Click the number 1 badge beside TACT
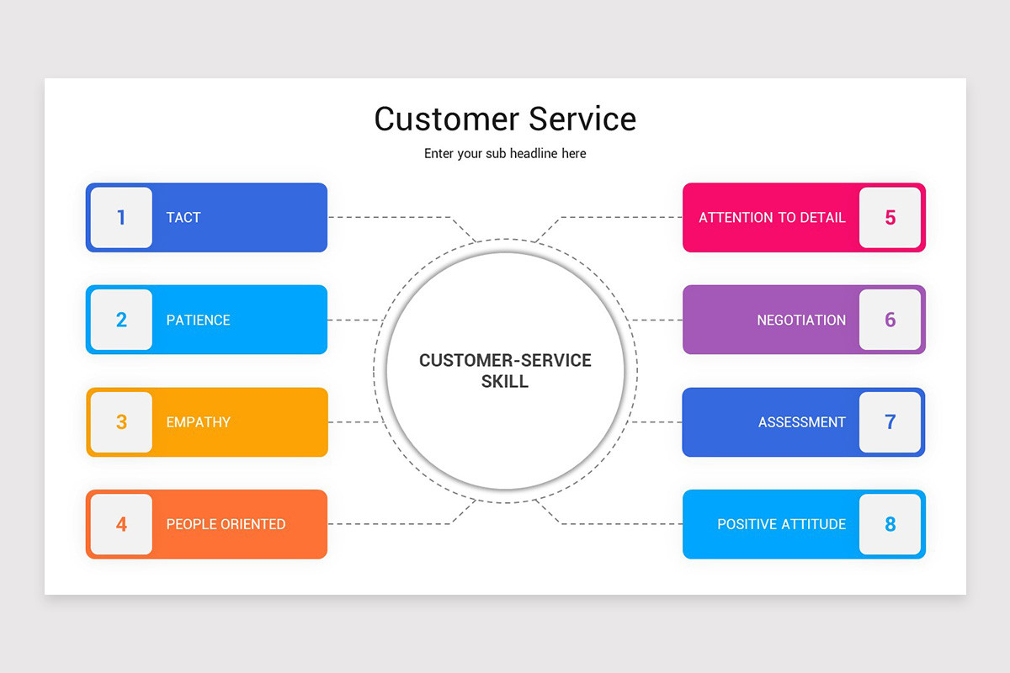click(x=121, y=218)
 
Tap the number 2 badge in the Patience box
click(x=121, y=320)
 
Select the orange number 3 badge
click(x=121, y=422)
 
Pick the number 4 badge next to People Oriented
click(x=121, y=524)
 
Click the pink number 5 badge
click(x=890, y=218)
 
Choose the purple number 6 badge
click(x=890, y=320)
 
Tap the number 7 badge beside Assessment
click(x=890, y=422)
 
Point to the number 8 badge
click(x=890, y=524)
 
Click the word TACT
click(x=183, y=218)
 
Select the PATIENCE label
click(x=198, y=321)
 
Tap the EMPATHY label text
click(x=198, y=422)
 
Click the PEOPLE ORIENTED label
click(x=226, y=524)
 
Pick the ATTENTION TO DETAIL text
click(x=772, y=218)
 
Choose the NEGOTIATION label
click(x=801, y=321)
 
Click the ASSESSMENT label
click(x=801, y=422)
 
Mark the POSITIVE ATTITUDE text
click(x=781, y=524)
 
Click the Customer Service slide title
click(x=505, y=119)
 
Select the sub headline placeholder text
click(x=505, y=154)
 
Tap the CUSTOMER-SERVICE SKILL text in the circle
click(x=505, y=371)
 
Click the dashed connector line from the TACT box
click(x=387, y=217)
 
